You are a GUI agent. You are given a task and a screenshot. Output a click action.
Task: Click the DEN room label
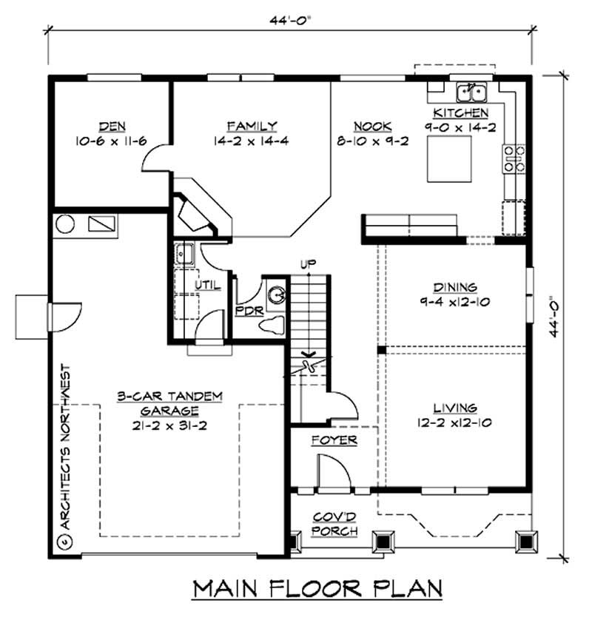(x=110, y=126)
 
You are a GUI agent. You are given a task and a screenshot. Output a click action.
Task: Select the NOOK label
(x=372, y=126)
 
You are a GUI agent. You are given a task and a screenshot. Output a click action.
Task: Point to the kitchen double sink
(x=471, y=92)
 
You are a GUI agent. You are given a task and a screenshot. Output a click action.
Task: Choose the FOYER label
(x=334, y=440)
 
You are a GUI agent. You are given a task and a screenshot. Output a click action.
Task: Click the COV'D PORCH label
(x=334, y=524)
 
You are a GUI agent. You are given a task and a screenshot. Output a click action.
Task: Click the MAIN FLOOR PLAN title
(x=317, y=588)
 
